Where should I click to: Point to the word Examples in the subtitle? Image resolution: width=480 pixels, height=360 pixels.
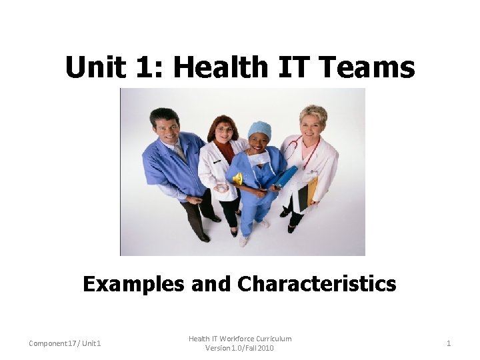click(x=133, y=284)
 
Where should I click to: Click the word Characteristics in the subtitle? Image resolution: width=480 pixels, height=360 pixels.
click(x=316, y=284)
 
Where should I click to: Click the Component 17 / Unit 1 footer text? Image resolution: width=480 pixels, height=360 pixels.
click(x=65, y=343)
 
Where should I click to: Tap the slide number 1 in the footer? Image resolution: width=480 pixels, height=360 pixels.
click(x=449, y=343)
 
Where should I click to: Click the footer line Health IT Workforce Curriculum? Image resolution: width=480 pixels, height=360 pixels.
click(x=240, y=339)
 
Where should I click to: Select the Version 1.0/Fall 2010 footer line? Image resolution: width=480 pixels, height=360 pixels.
click(x=240, y=348)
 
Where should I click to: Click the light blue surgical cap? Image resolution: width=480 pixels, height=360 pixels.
click(x=260, y=129)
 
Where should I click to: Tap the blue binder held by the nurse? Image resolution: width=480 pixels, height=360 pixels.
click(x=286, y=177)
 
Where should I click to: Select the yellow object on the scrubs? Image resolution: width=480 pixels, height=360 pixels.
click(x=237, y=179)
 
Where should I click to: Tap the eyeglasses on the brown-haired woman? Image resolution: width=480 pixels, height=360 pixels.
click(x=225, y=129)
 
